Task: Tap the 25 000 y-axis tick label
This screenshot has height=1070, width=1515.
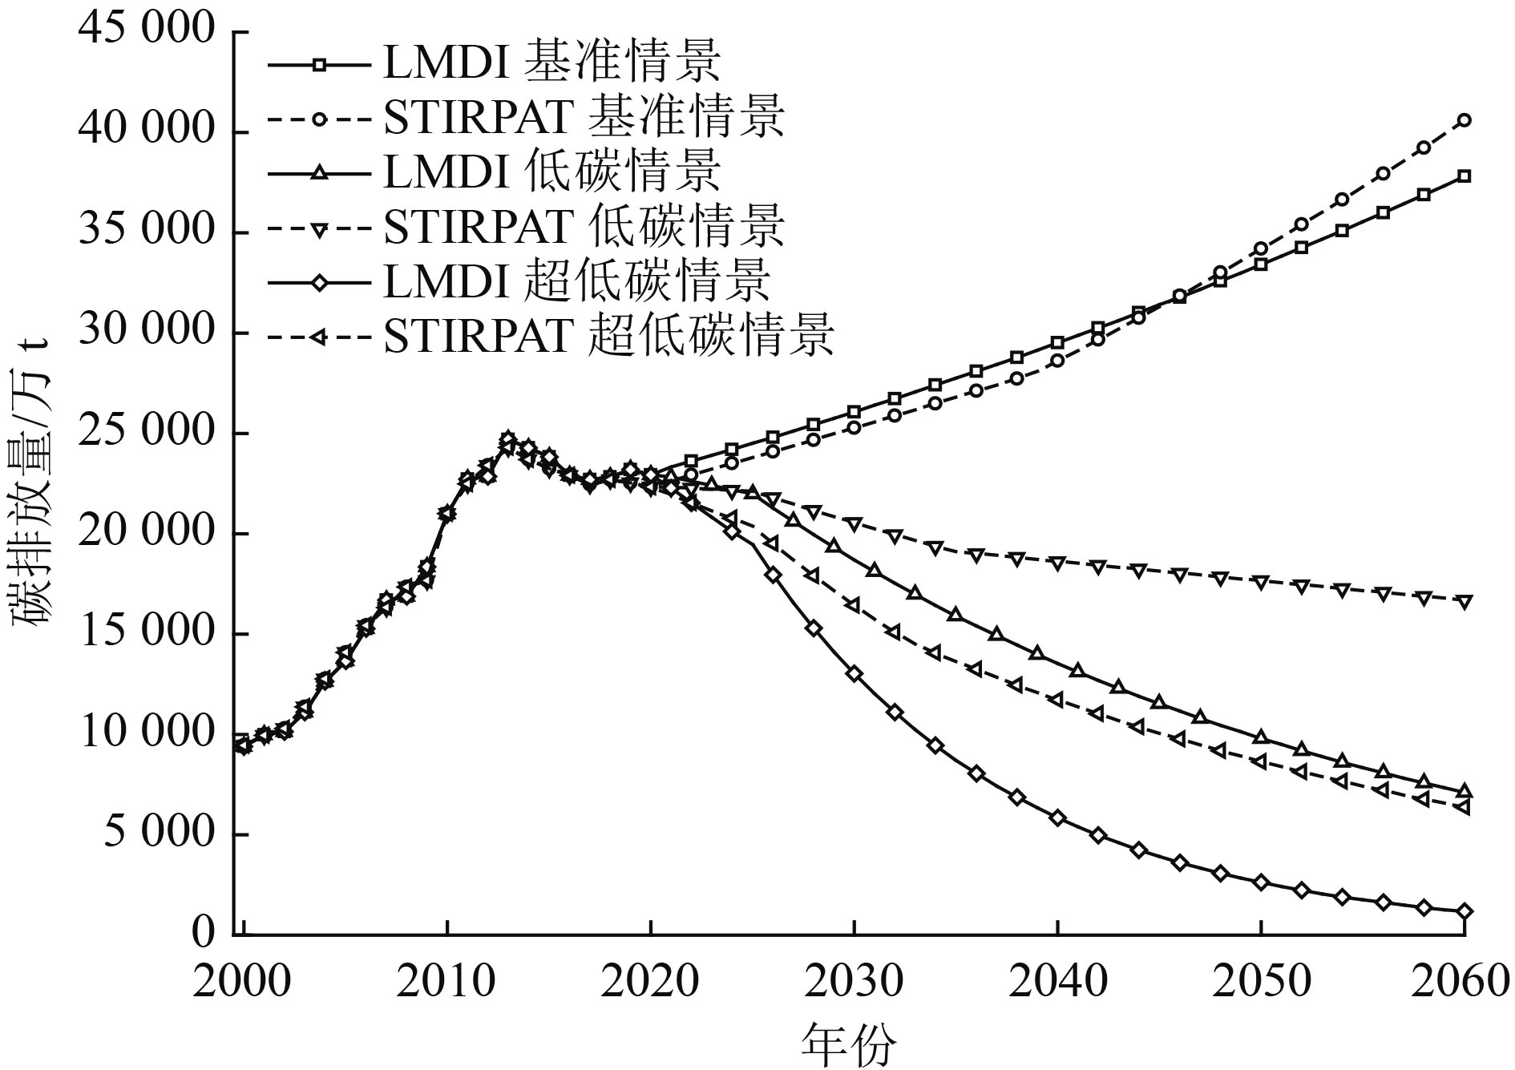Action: coord(147,433)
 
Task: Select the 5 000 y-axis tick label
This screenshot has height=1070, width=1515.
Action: coord(160,834)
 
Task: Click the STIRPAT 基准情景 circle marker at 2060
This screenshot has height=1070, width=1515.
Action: coord(1464,120)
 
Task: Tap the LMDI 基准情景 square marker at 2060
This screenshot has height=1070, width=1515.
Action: coord(1464,176)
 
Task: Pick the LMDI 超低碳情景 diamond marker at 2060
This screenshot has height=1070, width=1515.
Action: coord(1464,911)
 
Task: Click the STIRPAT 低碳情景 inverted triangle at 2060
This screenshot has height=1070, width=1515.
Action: coord(1464,602)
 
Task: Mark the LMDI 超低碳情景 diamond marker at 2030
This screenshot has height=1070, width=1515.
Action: coord(854,674)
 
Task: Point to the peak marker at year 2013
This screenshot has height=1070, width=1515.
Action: coord(507,439)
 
